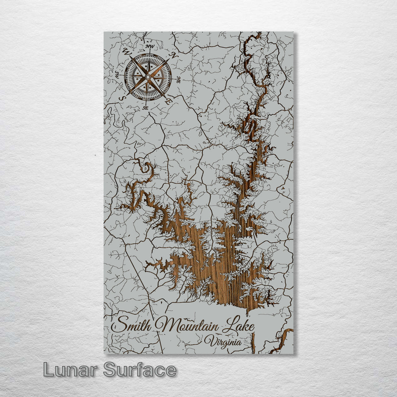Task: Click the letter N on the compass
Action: [174, 56]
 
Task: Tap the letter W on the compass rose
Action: [127, 51]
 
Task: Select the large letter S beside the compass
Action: [122, 99]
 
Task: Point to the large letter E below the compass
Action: [168, 101]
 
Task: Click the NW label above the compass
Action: [150, 47]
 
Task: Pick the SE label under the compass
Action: [145, 108]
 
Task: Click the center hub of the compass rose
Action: [148, 77]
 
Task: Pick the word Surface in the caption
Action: [140, 369]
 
